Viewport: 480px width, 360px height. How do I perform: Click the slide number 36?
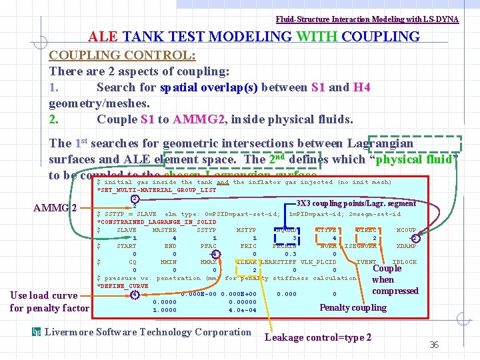click(x=433, y=345)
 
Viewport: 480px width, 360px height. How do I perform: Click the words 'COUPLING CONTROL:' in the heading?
click(x=122, y=55)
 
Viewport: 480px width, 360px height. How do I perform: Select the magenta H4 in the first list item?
click(x=361, y=87)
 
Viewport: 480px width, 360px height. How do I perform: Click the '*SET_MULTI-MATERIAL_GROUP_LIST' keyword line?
click(x=157, y=190)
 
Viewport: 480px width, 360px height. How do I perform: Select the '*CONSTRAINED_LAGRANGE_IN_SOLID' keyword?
click(x=157, y=221)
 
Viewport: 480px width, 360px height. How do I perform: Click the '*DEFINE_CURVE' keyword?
click(x=123, y=286)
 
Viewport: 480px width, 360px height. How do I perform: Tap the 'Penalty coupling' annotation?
click(x=353, y=307)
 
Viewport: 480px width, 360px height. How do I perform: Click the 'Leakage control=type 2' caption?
click(x=318, y=337)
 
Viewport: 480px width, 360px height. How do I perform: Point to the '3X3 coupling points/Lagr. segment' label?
click(x=356, y=203)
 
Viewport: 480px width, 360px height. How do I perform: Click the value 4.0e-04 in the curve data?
click(x=241, y=309)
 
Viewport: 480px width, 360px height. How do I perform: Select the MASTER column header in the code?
click(x=164, y=230)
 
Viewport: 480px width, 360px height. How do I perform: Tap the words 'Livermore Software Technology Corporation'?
click(x=147, y=332)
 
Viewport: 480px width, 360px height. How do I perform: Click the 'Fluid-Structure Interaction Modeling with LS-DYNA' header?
click(x=367, y=19)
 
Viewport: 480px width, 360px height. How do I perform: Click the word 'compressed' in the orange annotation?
click(x=395, y=291)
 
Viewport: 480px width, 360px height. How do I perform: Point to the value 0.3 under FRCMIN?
click(x=291, y=254)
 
